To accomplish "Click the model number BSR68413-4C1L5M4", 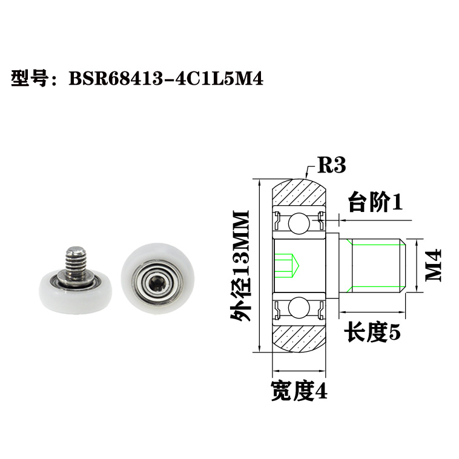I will (x=164, y=79).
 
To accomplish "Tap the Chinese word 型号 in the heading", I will (x=30, y=79).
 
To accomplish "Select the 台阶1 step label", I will (x=375, y=203).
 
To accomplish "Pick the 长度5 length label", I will (x=372, y=332).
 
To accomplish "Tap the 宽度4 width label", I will (x=299, y=391).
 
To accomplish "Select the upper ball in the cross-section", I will (x=299, y=223).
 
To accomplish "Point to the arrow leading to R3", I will (x=308, y=171).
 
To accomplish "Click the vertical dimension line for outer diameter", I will (x=259, y=266).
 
